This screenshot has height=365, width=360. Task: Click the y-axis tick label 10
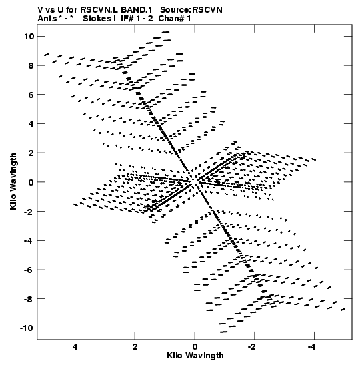29,36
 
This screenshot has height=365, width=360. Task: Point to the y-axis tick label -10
27,328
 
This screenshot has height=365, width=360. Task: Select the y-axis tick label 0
31,182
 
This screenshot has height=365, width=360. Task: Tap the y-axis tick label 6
31,95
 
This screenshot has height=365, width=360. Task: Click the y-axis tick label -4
29,240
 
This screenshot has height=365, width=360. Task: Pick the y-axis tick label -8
29,299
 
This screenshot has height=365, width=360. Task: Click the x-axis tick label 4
75,346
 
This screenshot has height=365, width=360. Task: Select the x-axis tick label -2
252,346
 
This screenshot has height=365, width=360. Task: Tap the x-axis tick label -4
311,346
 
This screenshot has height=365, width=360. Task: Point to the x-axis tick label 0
195,346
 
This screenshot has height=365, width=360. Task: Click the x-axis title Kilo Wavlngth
195,356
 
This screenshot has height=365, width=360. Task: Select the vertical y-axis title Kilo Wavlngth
13,181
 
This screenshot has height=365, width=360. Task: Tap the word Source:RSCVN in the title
191,10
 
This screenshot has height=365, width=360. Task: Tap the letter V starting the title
40,10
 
